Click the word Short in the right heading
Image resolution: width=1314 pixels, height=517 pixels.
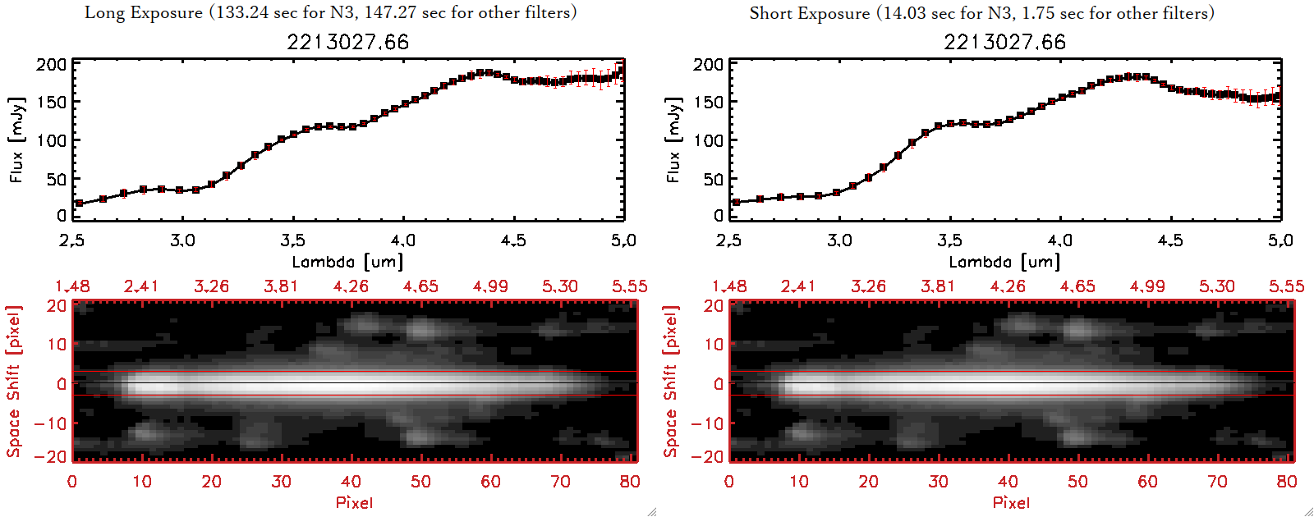(769, 13)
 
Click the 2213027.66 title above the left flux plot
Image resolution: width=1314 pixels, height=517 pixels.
(347, 42)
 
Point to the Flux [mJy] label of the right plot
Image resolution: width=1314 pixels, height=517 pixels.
(673, 140)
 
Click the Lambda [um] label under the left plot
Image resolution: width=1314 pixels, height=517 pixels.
(347, 262)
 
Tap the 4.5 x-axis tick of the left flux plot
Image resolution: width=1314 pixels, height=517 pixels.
(513, 240)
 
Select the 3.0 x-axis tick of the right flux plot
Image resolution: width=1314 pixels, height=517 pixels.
(839, 240)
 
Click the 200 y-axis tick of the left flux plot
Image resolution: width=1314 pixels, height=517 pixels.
(51, 65)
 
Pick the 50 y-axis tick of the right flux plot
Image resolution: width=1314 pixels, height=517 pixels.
(714, 179)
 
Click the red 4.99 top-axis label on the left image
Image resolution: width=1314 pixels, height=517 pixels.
(490, 286)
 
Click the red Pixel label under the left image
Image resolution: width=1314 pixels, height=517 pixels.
(354, 502)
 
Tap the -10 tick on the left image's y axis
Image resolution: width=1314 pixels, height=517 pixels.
(50, 423)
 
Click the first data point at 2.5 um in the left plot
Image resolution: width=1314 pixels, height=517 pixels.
(79, 204)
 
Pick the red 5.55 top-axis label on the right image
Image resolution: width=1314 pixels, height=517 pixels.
(1286, 286)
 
